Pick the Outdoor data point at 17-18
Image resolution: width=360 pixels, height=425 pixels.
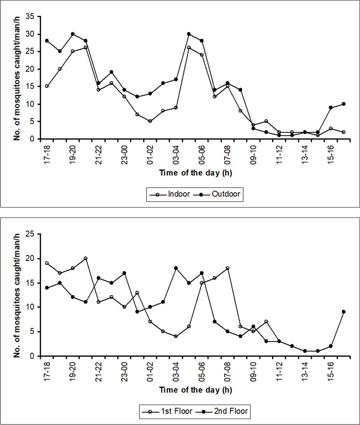click(x=47, y=41)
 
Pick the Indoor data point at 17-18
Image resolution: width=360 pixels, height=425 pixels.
click(x=47, y=86)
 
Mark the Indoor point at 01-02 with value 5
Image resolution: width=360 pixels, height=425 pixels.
click(x=150, y=121)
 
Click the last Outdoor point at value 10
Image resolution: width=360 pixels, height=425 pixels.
click(x=344, y=104)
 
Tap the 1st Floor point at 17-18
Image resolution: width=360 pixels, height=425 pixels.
click(x=47, y=263)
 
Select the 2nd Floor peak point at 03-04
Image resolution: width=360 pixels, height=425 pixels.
click(x=176, y=268)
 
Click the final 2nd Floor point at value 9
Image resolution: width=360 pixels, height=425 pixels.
click(x=344, y=312)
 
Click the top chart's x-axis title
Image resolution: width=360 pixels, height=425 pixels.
click(x=196, y=173)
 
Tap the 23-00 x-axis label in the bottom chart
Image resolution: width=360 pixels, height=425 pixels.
click(x=125, y=370)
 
